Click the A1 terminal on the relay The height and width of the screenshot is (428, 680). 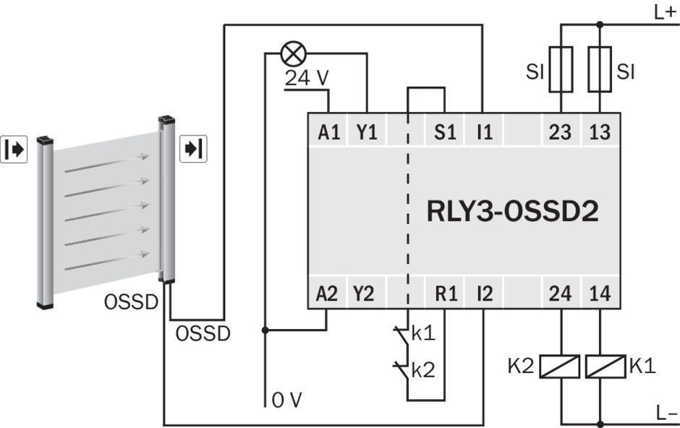pyautogui.click(x=328, y=132)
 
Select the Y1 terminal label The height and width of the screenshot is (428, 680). pyautogui.click(x=367, y=132)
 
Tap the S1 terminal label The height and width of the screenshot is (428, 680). pyautogui.click(x=445, y=132)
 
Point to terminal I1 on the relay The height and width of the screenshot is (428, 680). pyautogui.click(x=485, y=132)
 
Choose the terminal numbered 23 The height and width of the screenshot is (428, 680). pyautogui.click(x=560, y=132)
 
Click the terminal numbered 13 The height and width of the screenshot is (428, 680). pyautogui.click(x=600, y=132)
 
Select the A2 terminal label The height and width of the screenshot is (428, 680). pyautogui.click(x=326, y=294)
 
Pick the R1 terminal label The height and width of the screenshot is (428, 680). pyautogui.click(x=446, y=294)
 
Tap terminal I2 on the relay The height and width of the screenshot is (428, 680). pyautogui.click(x=485, y=294)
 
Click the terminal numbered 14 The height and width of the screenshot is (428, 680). pyautogui.click(x=600, y=294)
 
